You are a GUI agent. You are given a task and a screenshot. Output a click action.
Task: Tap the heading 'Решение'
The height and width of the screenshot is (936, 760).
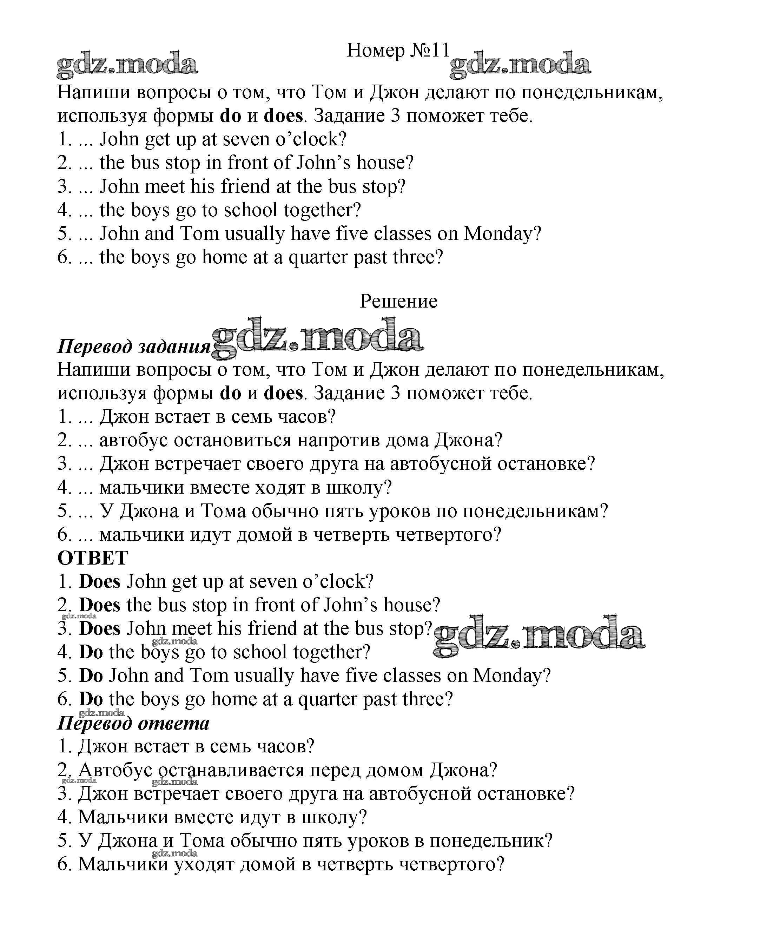coord(398,301)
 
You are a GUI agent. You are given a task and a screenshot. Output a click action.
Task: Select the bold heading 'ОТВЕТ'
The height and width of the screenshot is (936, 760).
coord(93,558)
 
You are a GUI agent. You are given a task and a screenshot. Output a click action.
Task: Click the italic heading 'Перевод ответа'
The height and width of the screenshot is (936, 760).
coord(133,723)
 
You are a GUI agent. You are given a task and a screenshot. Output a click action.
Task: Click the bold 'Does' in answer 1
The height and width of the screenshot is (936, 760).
coord(99,581)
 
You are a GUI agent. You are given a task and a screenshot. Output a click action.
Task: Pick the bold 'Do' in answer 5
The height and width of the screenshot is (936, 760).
coord(91,675)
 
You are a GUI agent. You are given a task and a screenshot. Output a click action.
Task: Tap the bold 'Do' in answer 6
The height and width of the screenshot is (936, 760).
coord(91,699)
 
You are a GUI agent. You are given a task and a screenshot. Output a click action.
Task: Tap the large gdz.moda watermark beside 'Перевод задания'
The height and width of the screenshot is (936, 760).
coord(317,337)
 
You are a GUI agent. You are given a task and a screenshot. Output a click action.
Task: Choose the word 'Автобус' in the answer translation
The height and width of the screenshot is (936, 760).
coord(115,770)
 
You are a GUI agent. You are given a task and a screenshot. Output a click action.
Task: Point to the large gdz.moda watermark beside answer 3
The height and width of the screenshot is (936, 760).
coord(539,633)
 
